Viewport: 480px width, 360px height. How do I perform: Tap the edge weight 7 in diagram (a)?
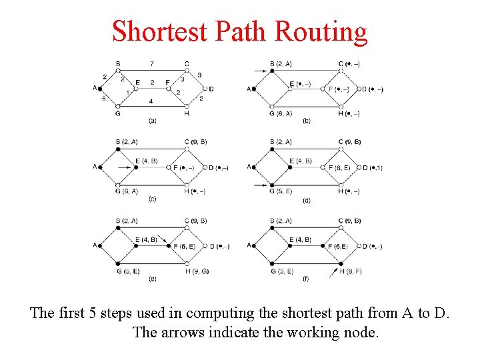pyautogui.click(x=152, y=64)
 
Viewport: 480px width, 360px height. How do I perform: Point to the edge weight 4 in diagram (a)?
pyautogui.click(x=152, y=101)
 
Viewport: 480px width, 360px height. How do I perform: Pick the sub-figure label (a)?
pyautogui.click(x=153, y=121)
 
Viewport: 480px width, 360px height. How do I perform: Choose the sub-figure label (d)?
pyautogui.click(x=306, y=200)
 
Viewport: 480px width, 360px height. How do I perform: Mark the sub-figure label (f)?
pyautogui.click(x=306, y=278)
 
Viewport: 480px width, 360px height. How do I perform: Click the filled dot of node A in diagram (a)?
pyautogui.click(x=101, y=88)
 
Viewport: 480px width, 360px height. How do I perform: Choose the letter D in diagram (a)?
pyautogui.click(x=211, y=89)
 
